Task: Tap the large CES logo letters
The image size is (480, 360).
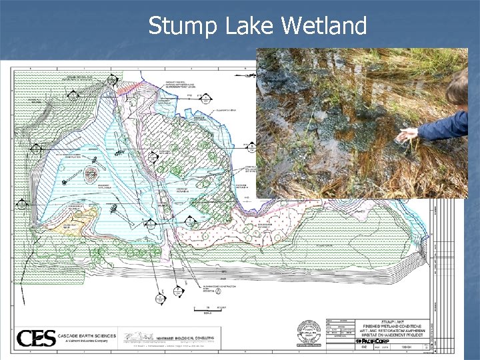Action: [x=36, y=338]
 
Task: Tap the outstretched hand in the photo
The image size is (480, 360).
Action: [x=406, y=135]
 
